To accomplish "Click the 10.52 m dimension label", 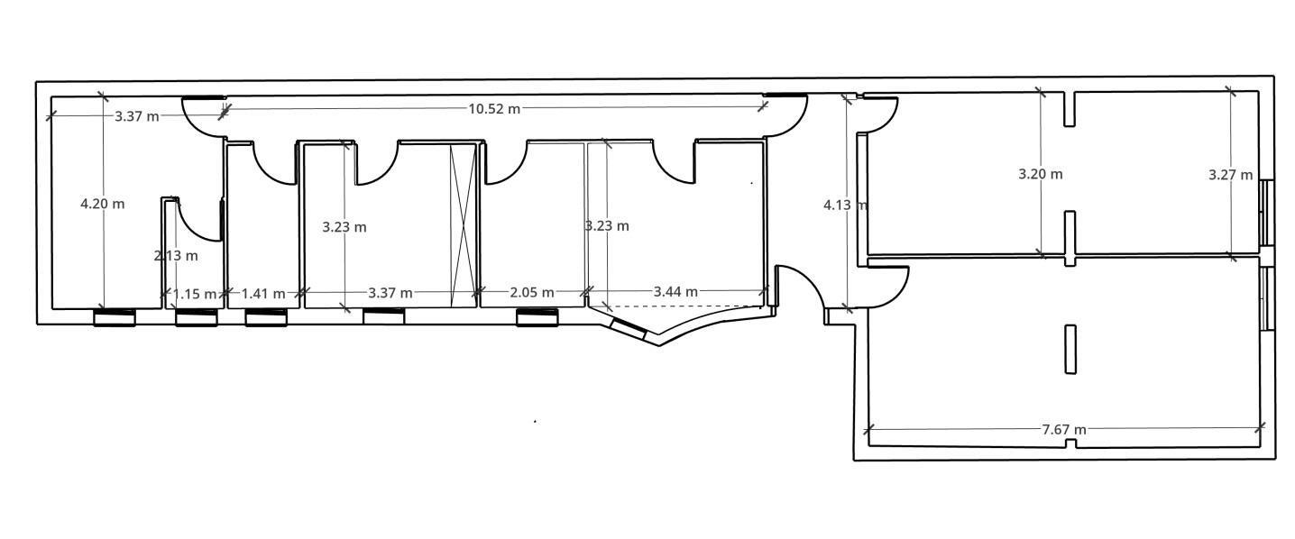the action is coord(493,108).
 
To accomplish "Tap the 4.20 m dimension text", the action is coord(102,204).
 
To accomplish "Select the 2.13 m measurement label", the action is coord(176,255).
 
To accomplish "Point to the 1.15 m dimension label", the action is coord(194,294).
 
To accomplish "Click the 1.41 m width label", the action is coord(263,294).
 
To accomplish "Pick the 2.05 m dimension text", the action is coord(532,293).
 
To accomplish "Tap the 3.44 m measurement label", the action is coord(675,292).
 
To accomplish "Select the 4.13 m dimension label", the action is coord(845,206).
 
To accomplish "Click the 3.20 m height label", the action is coord(1040,174).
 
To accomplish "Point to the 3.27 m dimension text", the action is coord(1231,175).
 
